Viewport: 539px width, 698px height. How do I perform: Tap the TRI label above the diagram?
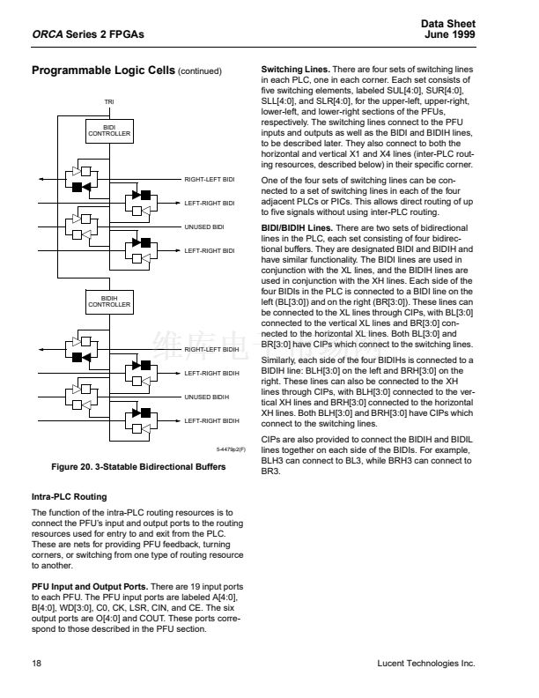(x=109, y=102)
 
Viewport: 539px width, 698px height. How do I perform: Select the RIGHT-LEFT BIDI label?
(x=210, y=179)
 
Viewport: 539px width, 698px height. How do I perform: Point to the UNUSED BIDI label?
(x=203, y=227)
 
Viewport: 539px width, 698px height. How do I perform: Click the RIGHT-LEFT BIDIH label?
(x=211, y=350)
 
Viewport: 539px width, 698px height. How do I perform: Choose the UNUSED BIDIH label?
(x=206, y=397)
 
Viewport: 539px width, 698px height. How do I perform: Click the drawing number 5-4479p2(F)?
(x=231, y=449)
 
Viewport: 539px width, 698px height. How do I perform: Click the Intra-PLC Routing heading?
(x=69, y=497)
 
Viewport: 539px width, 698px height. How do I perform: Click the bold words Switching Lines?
(x=295, y=69)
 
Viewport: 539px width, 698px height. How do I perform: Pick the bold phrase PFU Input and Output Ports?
(x=89, y=586)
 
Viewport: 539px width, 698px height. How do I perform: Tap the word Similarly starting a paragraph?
(x=280, y=360)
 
